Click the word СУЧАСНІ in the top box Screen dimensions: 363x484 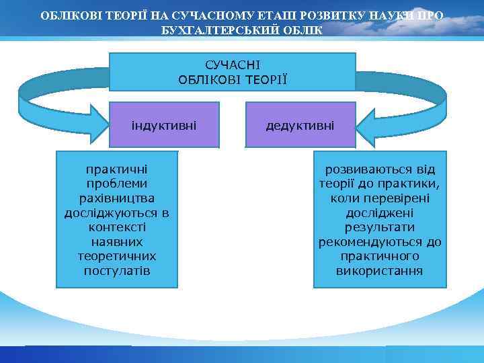pos(232,65)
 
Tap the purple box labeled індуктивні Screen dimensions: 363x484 pos(165,124)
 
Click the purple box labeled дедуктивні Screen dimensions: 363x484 pos(300,124)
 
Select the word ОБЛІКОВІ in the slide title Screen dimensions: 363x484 pos(71,15)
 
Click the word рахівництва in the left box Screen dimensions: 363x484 pos(116,198)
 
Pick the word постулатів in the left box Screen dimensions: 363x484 pos(116,271)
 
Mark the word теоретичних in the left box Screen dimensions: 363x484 pos(116,256)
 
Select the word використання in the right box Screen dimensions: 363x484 pos(380,271)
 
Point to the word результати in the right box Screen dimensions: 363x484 pos(380,227)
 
